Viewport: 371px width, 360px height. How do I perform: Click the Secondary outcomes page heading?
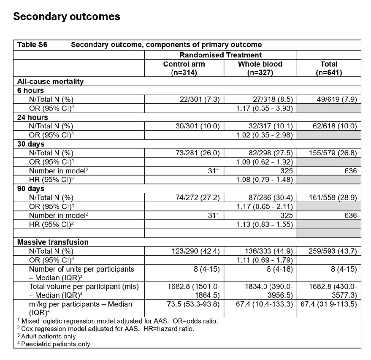(x=67, y=16)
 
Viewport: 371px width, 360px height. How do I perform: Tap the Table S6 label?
(x=32, y=45)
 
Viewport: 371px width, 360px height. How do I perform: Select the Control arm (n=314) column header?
(x=184, y=68)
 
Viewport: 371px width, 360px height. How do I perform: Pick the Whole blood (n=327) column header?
(x=260, y=68)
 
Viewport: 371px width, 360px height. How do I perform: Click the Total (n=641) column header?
(x=329, y=68)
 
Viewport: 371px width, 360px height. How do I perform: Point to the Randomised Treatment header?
(x=220, y=55)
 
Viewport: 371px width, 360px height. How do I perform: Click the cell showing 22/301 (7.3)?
(x=199, y=99)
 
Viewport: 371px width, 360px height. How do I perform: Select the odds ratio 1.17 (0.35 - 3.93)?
(x=264, y=108)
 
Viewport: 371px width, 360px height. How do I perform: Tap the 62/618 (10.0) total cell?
(x=335, y=126)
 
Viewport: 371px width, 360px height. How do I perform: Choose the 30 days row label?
(x=31, y=144)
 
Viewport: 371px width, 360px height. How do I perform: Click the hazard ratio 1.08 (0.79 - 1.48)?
(x=264, y=180)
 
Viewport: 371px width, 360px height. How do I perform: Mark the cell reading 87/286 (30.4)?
(x=270, y=198)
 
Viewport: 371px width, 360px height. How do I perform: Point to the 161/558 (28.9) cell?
(x=333, y=198)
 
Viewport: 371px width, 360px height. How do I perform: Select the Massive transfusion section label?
(x=53, y=242)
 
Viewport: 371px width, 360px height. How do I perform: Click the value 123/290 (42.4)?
(x=196, y=251)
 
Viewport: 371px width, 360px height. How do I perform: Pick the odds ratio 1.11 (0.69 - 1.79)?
(x=264, y=260)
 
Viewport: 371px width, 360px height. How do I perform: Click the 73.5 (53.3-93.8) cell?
(x=193, y=304)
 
